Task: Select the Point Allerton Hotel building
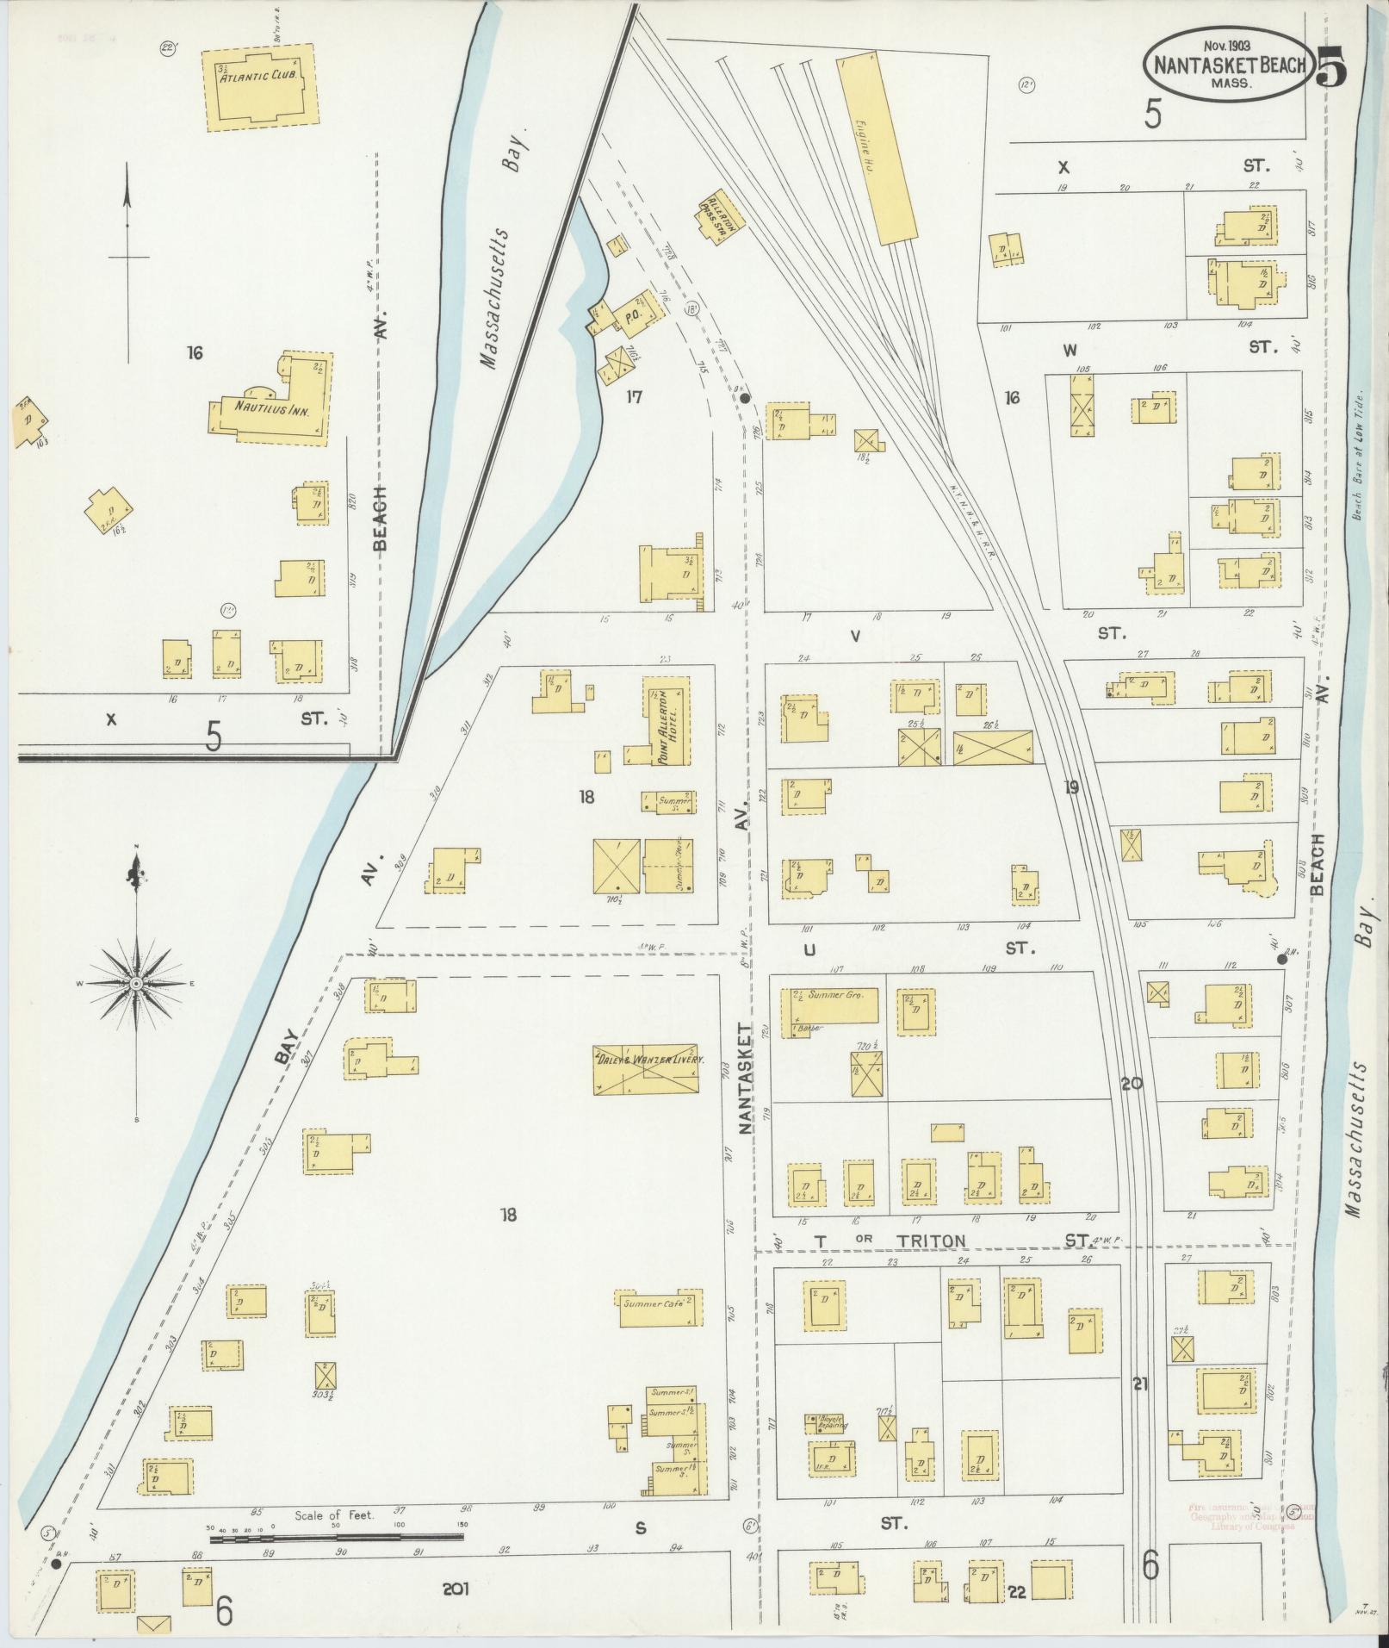(668, 720)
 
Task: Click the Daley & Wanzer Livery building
(646, 1070)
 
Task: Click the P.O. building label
(630, 317)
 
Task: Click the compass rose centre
(136, 983)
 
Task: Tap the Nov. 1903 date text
(1229, 43)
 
